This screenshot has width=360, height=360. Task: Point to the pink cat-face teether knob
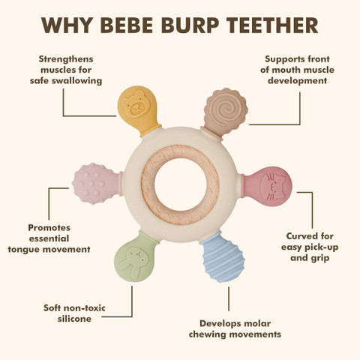pyautogui.click(x=267, y=187)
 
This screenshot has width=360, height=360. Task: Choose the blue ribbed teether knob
pyautogui.click(x=222, y=256)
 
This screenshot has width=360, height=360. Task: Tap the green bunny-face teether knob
pyautogui.click(x=135, y=257)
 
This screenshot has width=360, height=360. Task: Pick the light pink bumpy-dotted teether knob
pyautogui.click(x=97, y=184)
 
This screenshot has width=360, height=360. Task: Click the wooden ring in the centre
pyautogui.click(x=180, y=185)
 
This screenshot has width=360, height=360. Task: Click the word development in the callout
pyautogui.click(x=297, y=81)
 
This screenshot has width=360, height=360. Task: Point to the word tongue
pyautogui.click(x=22, y=250)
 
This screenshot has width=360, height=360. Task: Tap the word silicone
pyautogui.click(x=74, y=319)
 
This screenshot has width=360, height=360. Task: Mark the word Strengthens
pyautogui.click(x=66, y=59)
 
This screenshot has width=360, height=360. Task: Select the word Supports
pyautogui.click(x=284, y=59)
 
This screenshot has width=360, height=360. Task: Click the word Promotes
pyautogui.click(x=49, y=228)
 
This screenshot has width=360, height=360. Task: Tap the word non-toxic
pyautogui.click(x=85, y=308)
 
